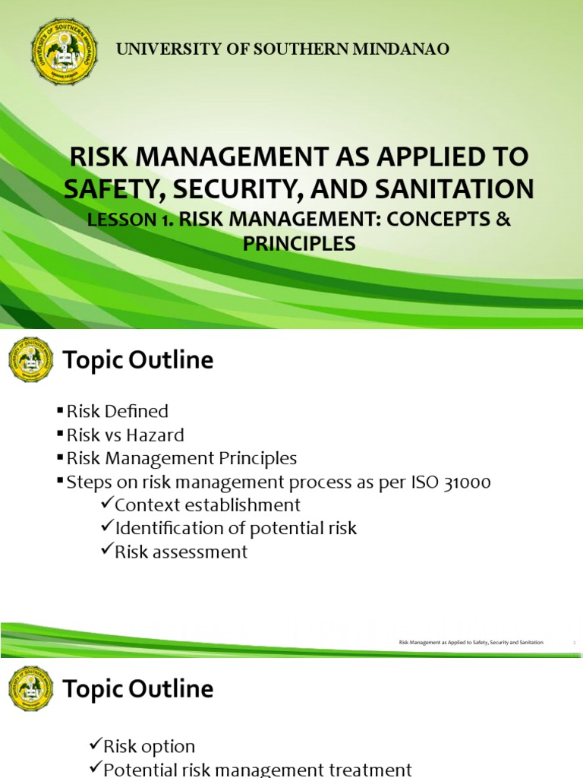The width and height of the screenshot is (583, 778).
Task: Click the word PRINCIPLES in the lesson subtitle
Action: [x=299, y=244]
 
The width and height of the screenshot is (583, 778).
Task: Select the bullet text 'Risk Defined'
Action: [x=118, y=412]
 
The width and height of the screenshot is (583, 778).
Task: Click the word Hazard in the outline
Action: [x=156, y=435]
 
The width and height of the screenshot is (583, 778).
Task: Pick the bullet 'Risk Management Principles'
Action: [x=181, y=459]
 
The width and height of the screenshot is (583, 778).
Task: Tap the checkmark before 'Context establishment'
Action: [x=107, y=504]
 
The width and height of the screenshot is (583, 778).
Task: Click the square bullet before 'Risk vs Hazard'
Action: [x=61, y=435]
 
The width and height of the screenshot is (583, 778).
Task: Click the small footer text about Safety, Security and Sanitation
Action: [x=471, y=643]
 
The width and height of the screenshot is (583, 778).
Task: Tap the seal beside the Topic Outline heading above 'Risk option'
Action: [x=31, y=689]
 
